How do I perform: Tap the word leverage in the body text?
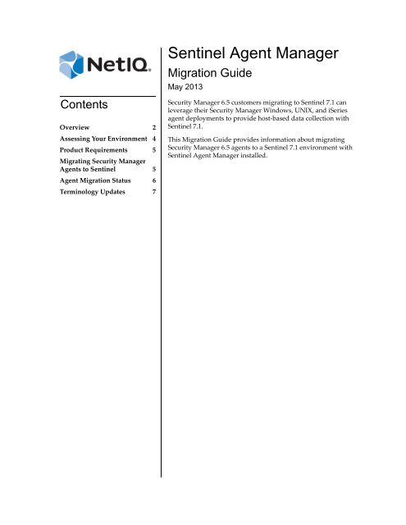click(x=185, y=117)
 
